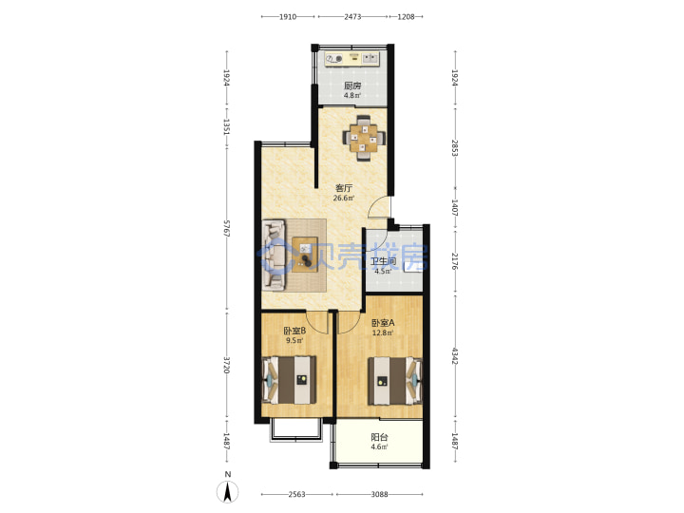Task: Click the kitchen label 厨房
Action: point(352,85)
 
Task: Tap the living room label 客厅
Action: point(344,188)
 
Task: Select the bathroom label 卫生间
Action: point(383,262)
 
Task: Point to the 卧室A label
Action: point(383,323)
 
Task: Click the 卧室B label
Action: point(294,332)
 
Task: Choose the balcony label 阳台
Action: point(379,437)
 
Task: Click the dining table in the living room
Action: point(364,138)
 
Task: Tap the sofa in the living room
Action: point(274,255)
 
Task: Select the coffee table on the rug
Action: point(305,255)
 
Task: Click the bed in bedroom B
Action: point(289,380)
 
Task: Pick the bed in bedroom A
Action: point(395,381)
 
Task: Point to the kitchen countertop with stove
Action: point(352,59)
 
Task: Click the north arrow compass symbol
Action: point(228,492)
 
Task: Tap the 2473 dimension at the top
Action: point(352,17)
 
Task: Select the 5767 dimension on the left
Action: point(226,229)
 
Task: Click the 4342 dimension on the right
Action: point(455,356)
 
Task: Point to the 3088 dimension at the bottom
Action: point(379,494)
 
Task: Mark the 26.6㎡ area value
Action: point(344,198)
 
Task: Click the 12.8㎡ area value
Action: point(383,332)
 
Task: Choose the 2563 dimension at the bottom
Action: point(296,494)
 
